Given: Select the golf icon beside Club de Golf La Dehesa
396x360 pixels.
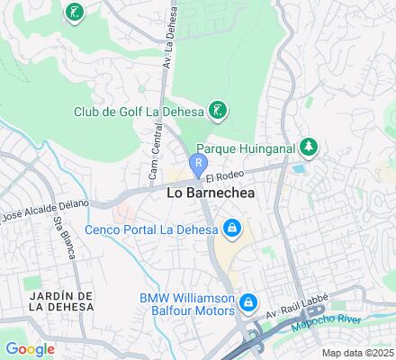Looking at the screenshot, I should (217, 111).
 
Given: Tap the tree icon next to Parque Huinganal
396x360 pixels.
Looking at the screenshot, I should (309, 146).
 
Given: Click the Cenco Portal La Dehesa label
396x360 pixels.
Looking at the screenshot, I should (151, 229).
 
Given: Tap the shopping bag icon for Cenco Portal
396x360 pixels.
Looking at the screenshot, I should (232, 229).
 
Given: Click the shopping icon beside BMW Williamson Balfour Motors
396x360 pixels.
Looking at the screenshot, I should (249, 303).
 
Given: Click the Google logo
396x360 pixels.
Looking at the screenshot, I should (30, 349).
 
